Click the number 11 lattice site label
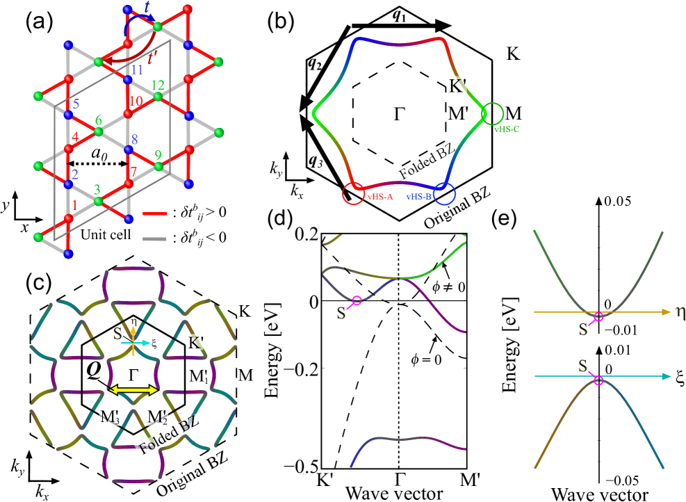[x=136, y=70]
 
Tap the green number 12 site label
[x=158, y=85]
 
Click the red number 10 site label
[x=136, y=101]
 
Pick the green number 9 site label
[x=158, y=154]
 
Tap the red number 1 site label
[x=75, y=205]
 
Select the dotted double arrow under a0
[x=97, y=165]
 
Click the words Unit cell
[x=106, y=234]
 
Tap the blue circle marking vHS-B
[x=444, y=193]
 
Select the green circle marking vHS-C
[x=493, y=113]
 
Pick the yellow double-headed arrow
[x=134, y=390]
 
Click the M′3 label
[x=110, y=419]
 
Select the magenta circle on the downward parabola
[x=598, y=380]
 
